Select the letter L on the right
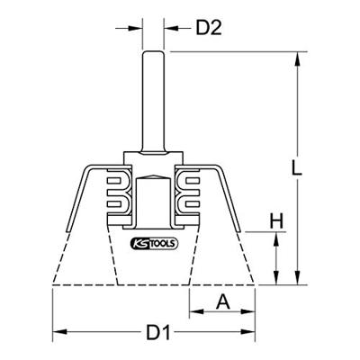point(310,168)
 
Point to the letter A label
point(221,303)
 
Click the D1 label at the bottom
point(158,335)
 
